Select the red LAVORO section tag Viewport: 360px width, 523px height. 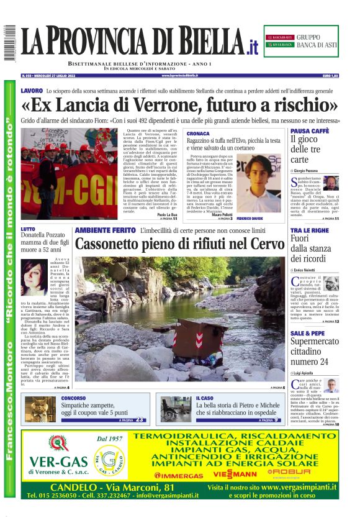pyautogui.click(x=32, y=91)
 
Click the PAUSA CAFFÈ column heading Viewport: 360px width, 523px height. pyautogui.click(x=309, y=131)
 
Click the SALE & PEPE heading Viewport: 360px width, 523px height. pyautogui.click(x=307, y=334)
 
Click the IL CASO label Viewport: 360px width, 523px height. pyautogui.click(x=204, y=398)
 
